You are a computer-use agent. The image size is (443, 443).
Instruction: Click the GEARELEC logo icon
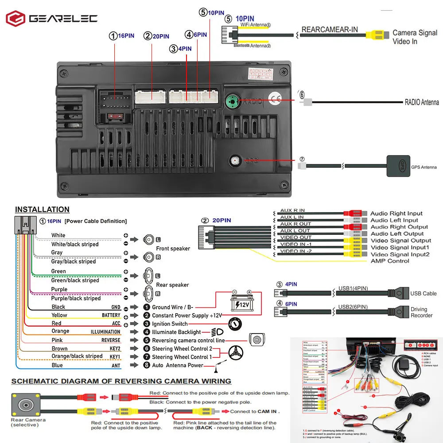click(16, 19)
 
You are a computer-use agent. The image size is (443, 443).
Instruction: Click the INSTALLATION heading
click(42, 210)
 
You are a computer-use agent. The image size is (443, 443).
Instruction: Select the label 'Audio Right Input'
click(396, 214)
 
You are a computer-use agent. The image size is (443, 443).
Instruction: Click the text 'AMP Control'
click(390, 261)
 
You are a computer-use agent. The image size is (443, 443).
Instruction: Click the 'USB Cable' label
click(423, 293)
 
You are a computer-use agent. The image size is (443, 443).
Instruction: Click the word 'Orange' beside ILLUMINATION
click(60, 331)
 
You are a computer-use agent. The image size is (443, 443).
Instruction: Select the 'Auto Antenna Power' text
click(177, 365)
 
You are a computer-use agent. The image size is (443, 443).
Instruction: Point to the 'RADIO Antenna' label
click(421, 102)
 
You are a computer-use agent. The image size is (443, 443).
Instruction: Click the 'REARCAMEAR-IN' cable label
click(330, 30)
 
